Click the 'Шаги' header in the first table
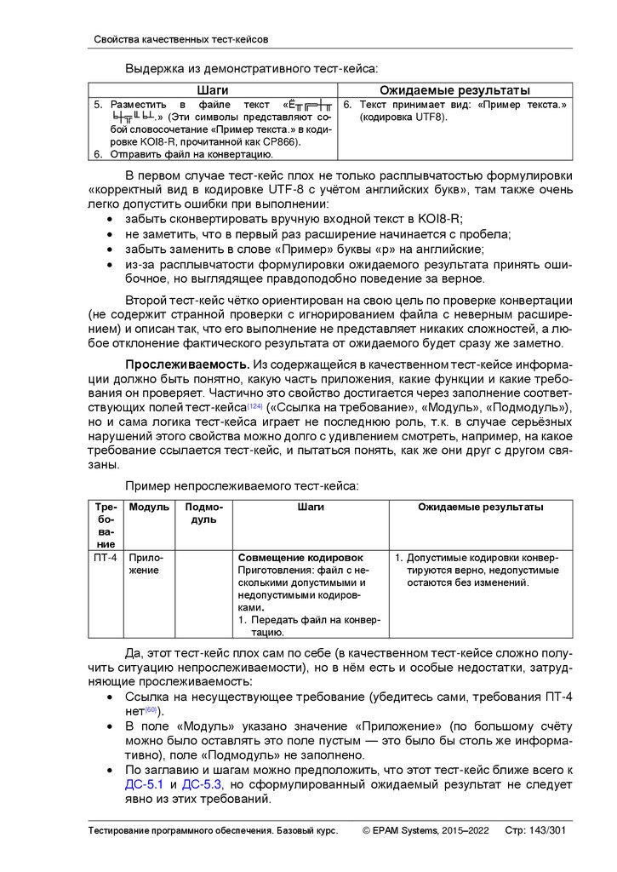point(213,89)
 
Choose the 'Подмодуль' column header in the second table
point(203,513)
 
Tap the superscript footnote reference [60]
point(151,709)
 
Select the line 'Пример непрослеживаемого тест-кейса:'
point(242,486)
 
